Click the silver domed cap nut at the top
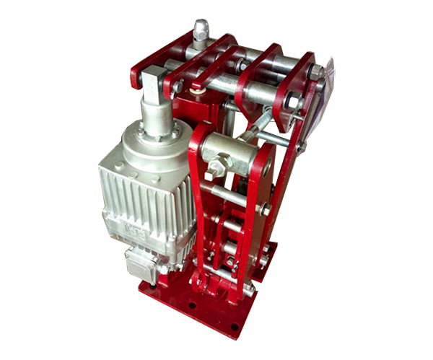coord(201,31)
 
